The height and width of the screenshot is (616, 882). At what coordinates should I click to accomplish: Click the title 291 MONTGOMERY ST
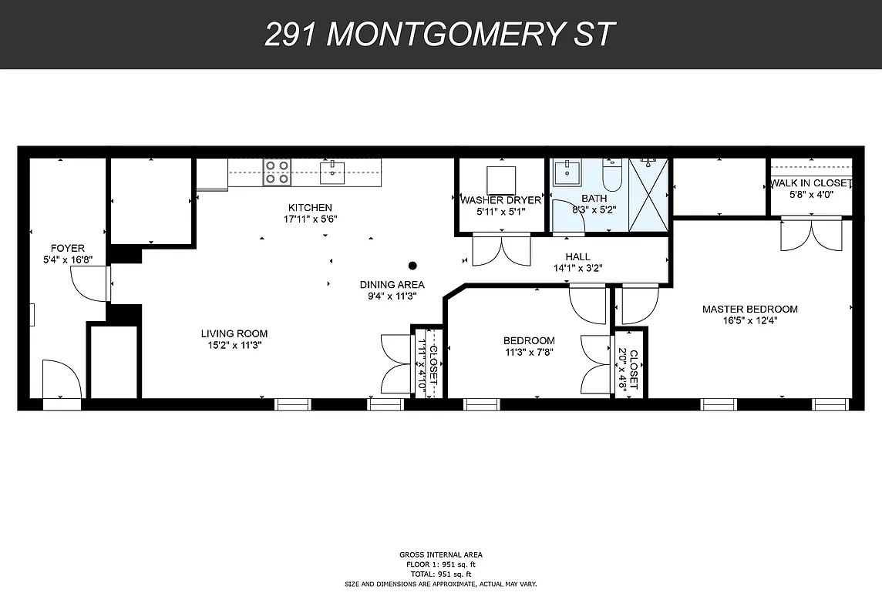pyautogui.click(x=440, y=35)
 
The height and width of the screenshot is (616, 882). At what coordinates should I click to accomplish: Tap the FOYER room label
pyautogui.click(x=67, y=248)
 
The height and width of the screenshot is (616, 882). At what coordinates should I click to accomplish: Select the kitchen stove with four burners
pyautogui.click(x=277, y=172)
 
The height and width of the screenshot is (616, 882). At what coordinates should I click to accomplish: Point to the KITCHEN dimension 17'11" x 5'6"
pyautogui.click(x=310, y=219)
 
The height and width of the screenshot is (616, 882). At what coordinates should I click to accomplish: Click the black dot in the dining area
pyautogui.click(x=412, y=266)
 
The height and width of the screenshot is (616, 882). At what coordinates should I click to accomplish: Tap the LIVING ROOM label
pyautogui.click(x=234, y=333)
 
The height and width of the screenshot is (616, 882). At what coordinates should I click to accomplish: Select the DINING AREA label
pyautogui.click(x=392, y=284)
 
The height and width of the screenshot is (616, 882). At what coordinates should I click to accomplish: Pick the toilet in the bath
pyautogui.click(x=612, y=175)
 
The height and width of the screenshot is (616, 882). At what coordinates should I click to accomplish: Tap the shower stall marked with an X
pyautogui.click(x=649, y=193)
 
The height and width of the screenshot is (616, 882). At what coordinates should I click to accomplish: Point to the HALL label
pyautogui.click(x=577, y=257)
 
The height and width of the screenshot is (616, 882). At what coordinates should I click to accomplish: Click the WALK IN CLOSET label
pyautogui.click(x=810, y=183)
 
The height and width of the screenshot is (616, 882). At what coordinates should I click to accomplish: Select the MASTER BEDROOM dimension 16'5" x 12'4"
pyautogui.click(x=749, y=321)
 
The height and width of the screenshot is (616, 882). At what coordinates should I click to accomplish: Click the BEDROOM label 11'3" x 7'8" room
pyautogui.click(x=529, y=340)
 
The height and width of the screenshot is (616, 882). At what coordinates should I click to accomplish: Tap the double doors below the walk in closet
pyautogui.click(x=810, y=234)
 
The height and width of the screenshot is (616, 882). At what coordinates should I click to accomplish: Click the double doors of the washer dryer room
pyautogui.click(x=500, y=250)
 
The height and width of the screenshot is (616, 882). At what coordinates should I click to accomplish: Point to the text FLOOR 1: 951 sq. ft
pyautogui.click(x=440, y=564)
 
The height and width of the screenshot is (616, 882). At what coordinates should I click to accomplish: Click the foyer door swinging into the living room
pyautogui.click(x=91, y=284)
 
